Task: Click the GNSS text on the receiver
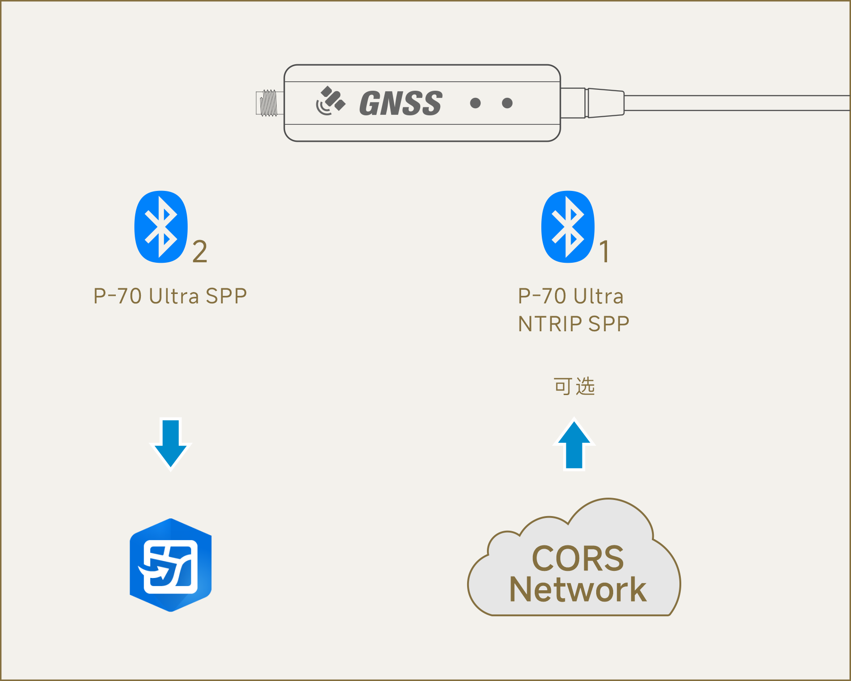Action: pos(401,103)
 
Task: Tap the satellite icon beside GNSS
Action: pos(330,101)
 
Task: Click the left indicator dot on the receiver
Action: pos(476,103)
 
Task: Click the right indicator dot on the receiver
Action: pos(507,103)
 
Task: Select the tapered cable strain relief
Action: pos(606,103)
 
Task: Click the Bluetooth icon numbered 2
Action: pos(161,227)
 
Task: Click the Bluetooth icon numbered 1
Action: pos(568,227)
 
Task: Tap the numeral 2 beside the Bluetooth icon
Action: pos(200,251)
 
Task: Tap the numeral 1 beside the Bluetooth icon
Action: pos(605,251)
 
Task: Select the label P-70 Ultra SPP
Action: pos(170,296)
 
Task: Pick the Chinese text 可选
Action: pos(574,386)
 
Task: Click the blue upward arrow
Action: pos(574,445)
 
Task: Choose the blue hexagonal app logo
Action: pos(171,565)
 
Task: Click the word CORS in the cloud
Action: pos(578,559)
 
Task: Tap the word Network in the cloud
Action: pos(578,589)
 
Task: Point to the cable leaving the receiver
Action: pos(738,103)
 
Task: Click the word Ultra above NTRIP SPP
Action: pos(599,296)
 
